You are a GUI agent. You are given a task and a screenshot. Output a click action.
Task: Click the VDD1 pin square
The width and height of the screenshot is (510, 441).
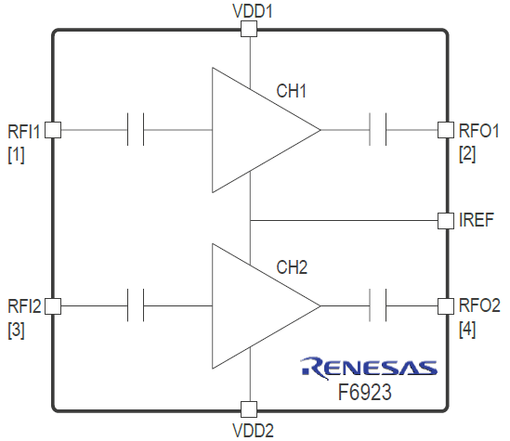click(x=249, y=29)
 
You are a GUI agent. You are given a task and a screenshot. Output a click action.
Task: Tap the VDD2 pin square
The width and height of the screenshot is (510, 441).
click(x=249, y=409)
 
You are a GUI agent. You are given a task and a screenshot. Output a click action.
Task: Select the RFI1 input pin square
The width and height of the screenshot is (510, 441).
click(x=53, y=130)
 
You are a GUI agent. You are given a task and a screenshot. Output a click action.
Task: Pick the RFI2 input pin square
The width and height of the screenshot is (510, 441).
click(x=53, y=306)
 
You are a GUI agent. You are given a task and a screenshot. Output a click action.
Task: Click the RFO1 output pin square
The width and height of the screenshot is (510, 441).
click(x=446, y=130)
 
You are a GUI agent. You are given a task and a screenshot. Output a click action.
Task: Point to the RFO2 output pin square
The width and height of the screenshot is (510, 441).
click(x=446, y=306)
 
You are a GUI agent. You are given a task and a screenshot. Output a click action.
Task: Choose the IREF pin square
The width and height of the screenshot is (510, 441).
click(x=446, y=221)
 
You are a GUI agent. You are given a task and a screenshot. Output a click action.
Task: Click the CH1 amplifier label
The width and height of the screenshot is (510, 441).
click(x=291, y=91)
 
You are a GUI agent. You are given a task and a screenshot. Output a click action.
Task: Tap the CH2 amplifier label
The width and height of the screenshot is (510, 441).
click(x=292, y=267)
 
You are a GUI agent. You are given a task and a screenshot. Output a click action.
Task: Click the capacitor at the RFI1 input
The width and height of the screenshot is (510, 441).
click(x=136, y=129)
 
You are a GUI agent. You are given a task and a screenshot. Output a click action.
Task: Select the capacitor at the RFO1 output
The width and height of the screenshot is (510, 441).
click(x=378, y=129)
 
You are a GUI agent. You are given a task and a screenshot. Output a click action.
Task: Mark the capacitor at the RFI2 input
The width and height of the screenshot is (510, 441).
click(x=136, y=305)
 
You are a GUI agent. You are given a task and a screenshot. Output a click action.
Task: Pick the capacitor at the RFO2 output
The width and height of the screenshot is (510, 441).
click(x=378, y=305)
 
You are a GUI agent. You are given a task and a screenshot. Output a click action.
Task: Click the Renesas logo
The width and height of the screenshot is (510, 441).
click(x=369, y=368)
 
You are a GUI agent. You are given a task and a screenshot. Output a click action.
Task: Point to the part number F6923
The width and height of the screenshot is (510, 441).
click(x=364, y=392)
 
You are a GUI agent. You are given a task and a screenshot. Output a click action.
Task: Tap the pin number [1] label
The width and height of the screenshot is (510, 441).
click(x=16, y=155)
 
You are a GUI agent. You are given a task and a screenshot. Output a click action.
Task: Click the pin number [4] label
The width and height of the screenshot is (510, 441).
click(x=467, y=331)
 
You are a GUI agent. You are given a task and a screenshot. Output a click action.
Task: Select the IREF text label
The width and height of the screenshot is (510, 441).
click(x=477, y=220)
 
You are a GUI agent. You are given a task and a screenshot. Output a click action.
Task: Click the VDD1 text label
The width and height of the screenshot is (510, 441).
click(x=253, y=11)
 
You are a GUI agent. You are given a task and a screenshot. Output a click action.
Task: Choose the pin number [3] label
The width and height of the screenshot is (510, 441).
click(x=16, y=331)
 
